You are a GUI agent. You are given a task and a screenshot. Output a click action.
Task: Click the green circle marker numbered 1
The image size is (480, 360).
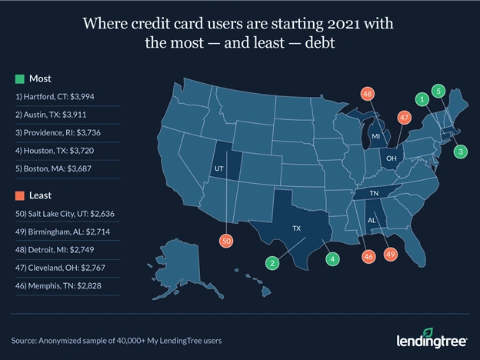coord(421,99)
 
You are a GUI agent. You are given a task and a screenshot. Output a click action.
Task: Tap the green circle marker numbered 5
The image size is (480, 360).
coord(438,91)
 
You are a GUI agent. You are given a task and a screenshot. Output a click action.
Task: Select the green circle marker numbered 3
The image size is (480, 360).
coord(460,152)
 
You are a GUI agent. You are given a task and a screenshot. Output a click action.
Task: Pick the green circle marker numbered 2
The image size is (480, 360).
coord(273,262)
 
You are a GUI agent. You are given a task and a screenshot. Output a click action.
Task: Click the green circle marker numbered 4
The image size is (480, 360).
coord(332,259)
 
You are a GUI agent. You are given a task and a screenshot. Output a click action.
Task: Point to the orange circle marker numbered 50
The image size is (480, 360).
coord(226,242)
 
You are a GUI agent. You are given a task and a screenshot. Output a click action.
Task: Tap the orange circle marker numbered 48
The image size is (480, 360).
coord(368,95)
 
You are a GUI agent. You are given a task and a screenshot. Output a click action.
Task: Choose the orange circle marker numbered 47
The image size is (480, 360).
coord(403,118)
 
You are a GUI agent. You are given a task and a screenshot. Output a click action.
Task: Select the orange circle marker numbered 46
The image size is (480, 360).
coord(368,255)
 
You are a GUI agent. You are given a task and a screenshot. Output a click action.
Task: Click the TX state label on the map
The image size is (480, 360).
coord(297,229)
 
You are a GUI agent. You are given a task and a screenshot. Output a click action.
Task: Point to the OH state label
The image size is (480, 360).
coord(391,158)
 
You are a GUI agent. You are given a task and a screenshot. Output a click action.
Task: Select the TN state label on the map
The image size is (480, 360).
coord(374,194)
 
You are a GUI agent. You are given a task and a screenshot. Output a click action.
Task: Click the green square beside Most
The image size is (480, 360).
coord(19,78)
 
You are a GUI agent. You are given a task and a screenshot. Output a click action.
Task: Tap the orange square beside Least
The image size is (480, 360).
coord(19,195)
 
